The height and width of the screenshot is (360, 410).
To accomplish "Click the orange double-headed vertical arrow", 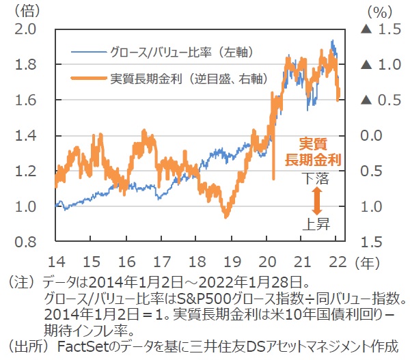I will [x=317, y=199].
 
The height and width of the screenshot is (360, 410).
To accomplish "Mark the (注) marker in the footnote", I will [x=22, y=281].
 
